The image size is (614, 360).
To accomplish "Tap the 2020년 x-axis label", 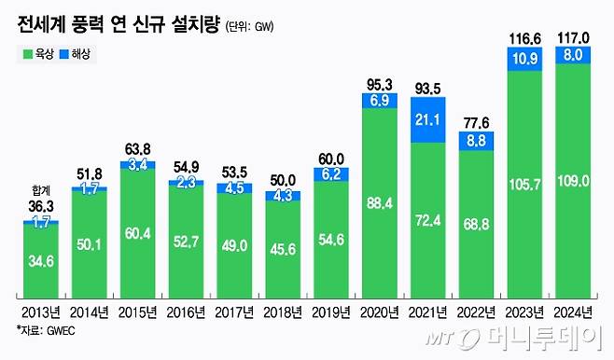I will tap(380, 312).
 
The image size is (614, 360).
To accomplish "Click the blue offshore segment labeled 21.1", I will tap(428, 120).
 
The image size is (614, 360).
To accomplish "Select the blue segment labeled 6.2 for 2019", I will tap(331, 173).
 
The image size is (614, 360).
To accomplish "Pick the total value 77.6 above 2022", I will tap(476, 121).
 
